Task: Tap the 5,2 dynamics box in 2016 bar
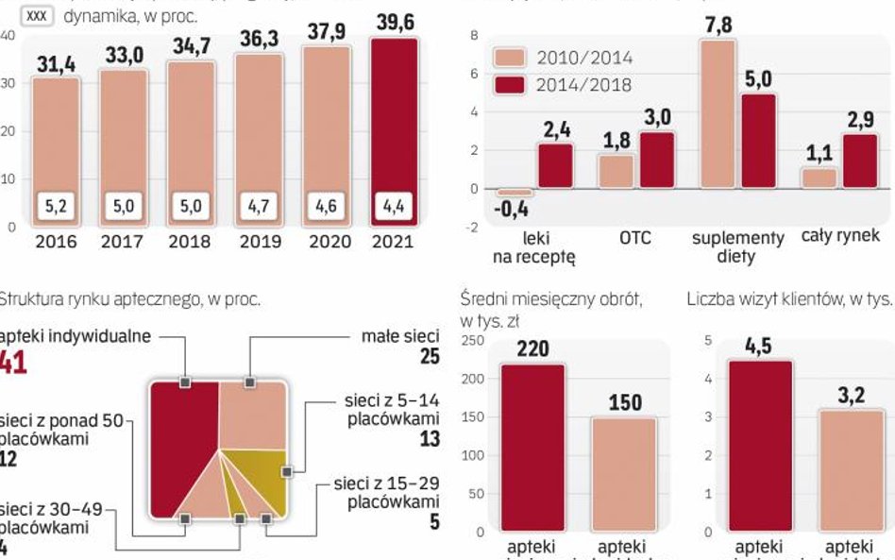click(x=56, y=204)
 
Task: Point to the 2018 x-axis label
click(x=190, y=242)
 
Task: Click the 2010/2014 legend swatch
click(x=510, y=59)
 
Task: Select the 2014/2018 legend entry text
click(x=583, y=85)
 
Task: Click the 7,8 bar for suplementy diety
click(x=718, y=113)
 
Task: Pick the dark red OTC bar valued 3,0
click(x=657, y=160)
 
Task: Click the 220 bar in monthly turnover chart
click(x=532, y=444)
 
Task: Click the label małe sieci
click(x=401, y=335)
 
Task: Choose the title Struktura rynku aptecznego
click(x=129, y=299)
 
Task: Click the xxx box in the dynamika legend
click(x=37, y=16)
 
